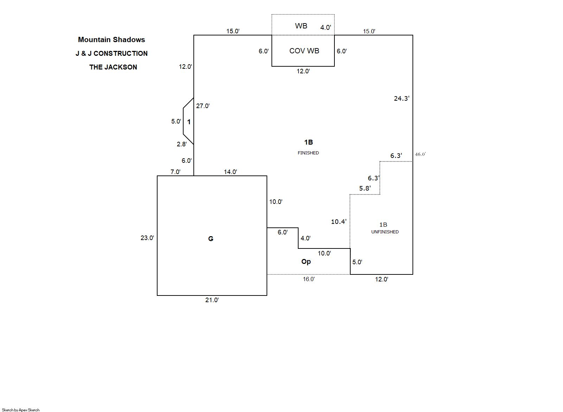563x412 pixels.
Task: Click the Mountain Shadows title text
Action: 111,40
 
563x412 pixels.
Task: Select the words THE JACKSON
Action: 113,67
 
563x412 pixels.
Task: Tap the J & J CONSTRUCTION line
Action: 111,53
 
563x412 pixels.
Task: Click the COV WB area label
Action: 304,51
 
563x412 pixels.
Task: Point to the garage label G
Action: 211,239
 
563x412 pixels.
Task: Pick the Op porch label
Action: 306,261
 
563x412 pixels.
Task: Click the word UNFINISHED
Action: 385,232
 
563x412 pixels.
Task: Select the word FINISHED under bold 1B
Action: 308,153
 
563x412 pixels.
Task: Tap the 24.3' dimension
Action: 401,99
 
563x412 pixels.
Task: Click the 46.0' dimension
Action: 420,154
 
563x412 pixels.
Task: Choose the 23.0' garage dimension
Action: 147,238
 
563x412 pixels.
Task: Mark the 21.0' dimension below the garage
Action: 212,300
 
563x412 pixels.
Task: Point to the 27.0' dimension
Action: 203,106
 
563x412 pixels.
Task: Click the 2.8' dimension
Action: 181,144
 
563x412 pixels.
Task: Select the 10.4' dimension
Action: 339,222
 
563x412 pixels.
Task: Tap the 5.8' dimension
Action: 365,188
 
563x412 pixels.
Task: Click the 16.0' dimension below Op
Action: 308,279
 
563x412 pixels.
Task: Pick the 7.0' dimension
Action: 175,172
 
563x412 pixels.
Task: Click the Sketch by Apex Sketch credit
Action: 21,410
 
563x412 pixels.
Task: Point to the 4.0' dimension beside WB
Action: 325,27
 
